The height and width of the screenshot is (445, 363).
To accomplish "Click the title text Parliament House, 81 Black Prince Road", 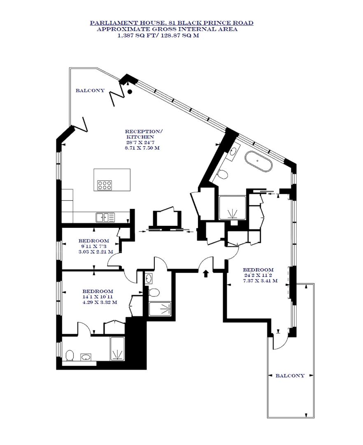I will tap(172, 23).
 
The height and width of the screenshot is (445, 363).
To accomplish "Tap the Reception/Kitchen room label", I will tap(143, 134).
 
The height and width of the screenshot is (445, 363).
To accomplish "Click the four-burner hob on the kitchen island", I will tap(105, 185).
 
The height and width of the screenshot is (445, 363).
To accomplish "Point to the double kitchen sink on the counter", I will tap(105, 217).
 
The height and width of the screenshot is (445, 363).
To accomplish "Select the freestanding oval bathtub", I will tap(258, 161).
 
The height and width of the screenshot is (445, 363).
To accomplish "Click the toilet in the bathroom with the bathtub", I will tap(223, 175).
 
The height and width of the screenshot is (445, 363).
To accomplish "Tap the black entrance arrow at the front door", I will tap(206, 273).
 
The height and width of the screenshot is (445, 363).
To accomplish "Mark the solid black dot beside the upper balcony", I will tap(130, 91).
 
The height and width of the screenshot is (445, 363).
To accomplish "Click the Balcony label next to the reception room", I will tap(90, 91).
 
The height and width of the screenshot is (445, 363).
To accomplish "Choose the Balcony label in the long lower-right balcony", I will tap(290, 375).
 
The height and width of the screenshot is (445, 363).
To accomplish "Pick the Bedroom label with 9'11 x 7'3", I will tap(94, 241).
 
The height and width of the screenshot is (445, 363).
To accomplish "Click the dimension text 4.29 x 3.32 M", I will tap(100, 302).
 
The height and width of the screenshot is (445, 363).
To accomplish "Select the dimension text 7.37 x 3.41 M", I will tap(260, 281).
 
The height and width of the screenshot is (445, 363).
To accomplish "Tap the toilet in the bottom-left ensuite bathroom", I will tap(70, 355).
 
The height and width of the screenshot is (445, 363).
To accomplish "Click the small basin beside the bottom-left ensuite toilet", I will tap(86, 357).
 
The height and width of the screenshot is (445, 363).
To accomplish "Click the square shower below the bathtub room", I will tap(233, 207).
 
